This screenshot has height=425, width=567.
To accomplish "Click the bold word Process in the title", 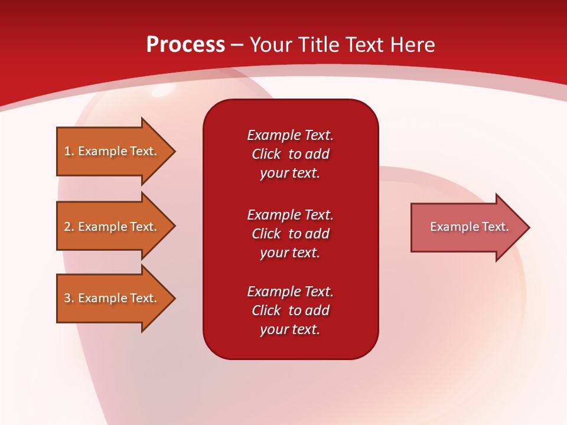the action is (186, 45).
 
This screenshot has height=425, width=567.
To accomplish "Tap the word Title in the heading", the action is (318, 45).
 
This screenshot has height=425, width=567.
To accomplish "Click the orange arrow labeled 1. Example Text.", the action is (116, 151).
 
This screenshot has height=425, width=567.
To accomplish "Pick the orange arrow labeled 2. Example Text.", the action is (116, 226).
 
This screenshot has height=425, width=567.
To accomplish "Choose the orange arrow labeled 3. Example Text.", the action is (116, 297).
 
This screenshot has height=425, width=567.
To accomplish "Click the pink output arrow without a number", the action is (470, 227).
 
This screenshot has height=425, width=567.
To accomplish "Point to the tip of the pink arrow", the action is (530, 227).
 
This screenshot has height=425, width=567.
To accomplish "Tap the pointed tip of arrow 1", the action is (175, 151).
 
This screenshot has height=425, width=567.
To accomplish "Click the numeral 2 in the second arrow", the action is (67, 227).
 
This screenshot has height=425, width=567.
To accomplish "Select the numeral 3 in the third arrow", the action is (67, 298).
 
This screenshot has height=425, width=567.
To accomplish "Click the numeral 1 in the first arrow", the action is (67, 152).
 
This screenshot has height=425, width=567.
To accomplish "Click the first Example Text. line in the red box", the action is (291, 135).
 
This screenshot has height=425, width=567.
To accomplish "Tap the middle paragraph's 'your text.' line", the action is (290, 253).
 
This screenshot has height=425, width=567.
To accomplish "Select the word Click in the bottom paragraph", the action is (266, 310).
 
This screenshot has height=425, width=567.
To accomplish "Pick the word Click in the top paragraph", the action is (266, 154).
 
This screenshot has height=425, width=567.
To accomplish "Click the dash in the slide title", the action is (237, 45).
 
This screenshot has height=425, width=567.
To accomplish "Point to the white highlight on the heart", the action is (163, 90).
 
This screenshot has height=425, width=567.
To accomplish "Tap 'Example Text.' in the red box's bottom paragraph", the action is (291, 291).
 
